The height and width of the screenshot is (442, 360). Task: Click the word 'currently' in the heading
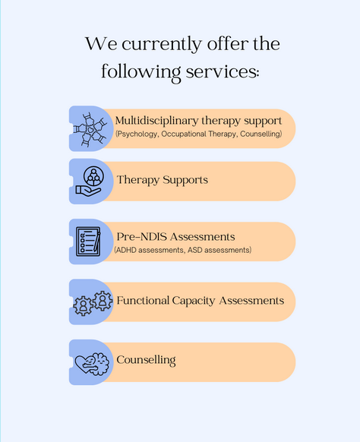[162, 45]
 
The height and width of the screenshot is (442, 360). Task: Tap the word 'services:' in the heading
[223, 71]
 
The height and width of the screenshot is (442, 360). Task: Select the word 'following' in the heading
[141, 73]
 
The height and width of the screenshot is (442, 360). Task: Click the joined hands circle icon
[90, 130]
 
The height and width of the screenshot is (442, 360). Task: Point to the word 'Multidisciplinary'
[156, 121]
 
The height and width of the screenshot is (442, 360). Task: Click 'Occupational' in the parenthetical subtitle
[184, 134]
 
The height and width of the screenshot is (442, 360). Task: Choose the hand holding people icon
[90, 182]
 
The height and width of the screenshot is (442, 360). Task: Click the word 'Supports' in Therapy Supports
[185, 181]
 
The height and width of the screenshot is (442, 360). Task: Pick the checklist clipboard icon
[88, 242]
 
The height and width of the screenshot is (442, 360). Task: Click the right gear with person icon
[103, 301]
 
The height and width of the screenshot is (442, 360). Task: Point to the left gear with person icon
[83, 305]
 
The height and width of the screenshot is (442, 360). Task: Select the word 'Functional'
[143, 301]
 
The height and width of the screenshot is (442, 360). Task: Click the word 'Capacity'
[194, 302]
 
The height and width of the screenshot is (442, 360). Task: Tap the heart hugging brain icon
[92, 364]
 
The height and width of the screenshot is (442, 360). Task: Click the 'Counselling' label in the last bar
[146, 361]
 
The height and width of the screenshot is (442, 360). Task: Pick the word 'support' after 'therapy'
[263, 122]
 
